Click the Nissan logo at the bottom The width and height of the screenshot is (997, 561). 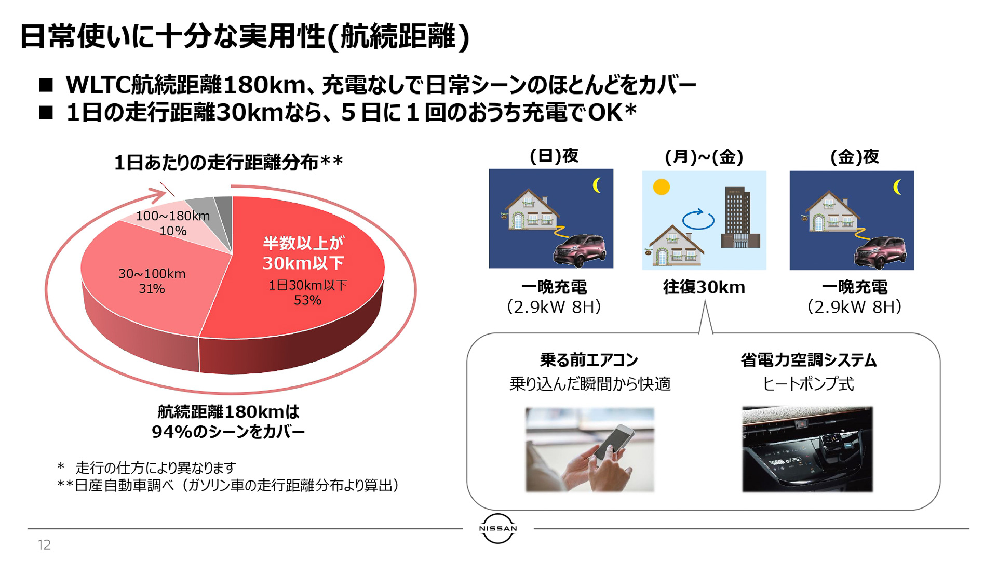tap(497, 528)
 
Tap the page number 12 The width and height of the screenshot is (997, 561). tap(44, 544)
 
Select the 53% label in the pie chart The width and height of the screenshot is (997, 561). tap(307, 300)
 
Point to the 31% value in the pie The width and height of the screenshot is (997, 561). tap(152, 289)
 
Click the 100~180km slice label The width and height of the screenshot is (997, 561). tap(172, 216)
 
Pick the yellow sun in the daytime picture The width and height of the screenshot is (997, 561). tap(661, 187)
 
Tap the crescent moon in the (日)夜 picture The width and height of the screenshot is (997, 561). tap(597, 185)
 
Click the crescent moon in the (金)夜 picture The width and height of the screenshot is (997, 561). tap(898, 187)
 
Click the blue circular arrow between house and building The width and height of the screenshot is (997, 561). tap(698, 219)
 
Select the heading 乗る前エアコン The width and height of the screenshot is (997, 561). tap(589, 359)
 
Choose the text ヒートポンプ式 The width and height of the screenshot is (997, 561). tap(807, 384)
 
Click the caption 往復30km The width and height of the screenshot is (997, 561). tap(704, 287)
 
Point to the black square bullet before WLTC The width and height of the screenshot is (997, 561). tap(46, 85)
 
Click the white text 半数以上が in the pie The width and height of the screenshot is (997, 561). tap(303, 243)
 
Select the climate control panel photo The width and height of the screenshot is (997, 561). tap(807, 449)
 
